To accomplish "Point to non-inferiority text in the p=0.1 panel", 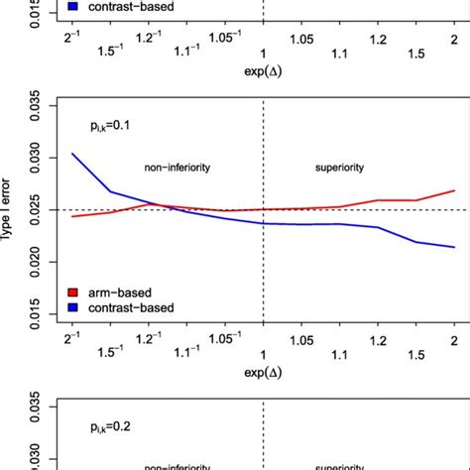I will point(178,168).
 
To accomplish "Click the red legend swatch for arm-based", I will point(73,294).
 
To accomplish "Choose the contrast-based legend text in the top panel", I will point(130,6).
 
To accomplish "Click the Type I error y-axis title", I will point(10,210).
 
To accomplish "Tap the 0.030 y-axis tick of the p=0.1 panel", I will point(37,158).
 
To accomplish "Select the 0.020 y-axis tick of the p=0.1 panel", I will point(37,262).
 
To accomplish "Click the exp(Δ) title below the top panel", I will point(263,72).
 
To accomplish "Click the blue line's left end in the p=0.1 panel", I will point(71,154).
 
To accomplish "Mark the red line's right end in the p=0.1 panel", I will point(454,190).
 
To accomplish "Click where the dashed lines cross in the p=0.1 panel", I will point(263,210).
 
